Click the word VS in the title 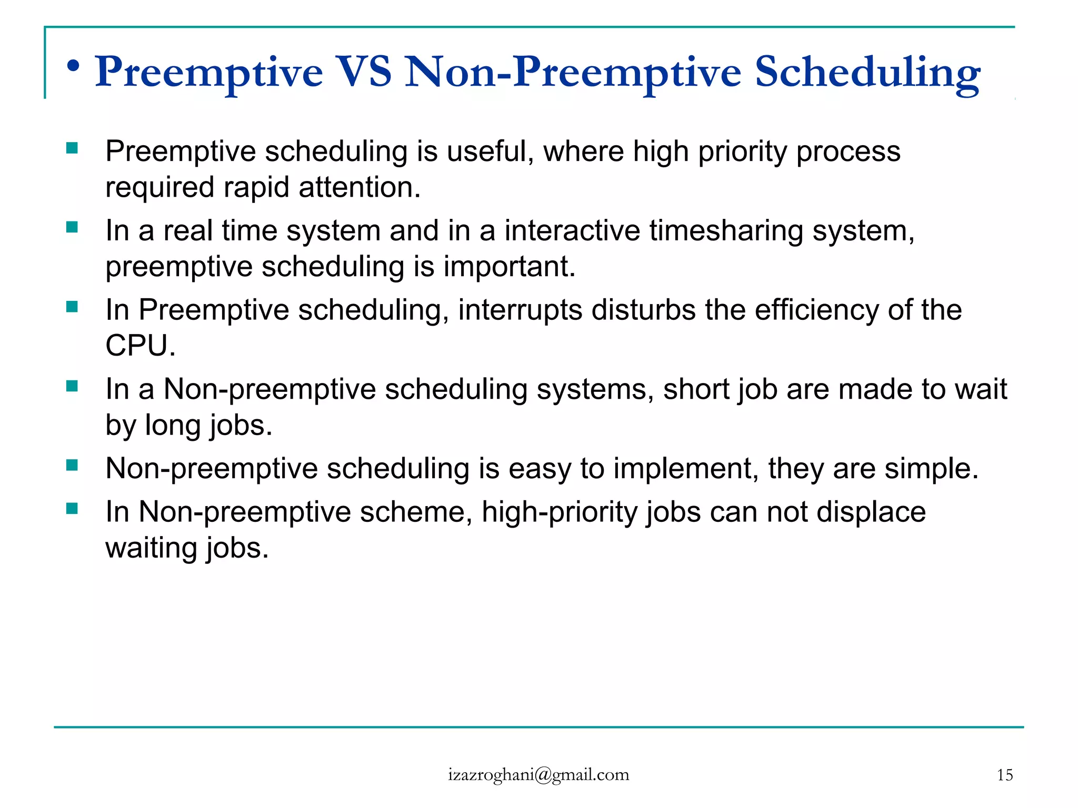coord(364,72)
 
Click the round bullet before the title coord(74,66)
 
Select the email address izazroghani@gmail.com coord(538,774)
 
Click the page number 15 coord(1004,775)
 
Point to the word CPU coord(139,346)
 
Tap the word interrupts coord(520,310)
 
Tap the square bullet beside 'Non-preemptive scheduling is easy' coord(72,465)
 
